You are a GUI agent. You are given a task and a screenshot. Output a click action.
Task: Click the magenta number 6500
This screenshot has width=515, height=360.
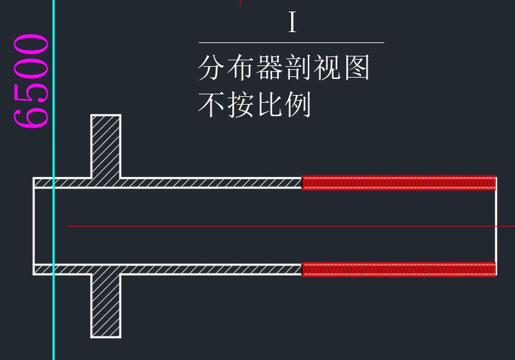[30, 81]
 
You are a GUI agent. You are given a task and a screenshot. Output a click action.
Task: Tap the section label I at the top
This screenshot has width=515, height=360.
[292, 23]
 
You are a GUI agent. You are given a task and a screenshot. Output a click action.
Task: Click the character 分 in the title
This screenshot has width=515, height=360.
[212, 67]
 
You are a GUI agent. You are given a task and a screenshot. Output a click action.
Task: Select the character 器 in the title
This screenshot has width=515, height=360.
[269, 67]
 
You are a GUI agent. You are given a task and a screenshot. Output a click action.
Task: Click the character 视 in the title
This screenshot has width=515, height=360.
[328, 67]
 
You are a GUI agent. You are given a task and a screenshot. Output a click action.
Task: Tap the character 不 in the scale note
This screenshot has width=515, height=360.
[212, 105]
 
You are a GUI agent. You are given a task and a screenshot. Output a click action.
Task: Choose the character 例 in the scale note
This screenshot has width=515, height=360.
[298, 105]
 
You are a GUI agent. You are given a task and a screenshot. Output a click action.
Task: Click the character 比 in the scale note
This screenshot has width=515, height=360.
[269, 105]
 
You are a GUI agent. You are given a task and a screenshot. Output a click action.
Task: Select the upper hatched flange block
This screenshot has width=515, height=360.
[106, 146]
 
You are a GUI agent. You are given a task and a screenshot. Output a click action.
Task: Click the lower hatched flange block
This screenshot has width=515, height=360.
[106, 304]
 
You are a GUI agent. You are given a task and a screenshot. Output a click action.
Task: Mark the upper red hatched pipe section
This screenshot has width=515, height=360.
[399, 183]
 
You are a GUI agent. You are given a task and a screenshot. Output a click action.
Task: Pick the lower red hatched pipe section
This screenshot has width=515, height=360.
[399, 269]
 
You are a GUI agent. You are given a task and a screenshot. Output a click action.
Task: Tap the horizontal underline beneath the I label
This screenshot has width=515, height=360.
[291, 42]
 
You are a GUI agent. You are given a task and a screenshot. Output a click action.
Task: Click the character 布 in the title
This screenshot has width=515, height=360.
[241, 67]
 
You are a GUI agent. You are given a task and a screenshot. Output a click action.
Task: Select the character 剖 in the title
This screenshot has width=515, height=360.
[299, 67]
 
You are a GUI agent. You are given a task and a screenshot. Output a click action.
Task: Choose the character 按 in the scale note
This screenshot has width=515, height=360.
[241, 105]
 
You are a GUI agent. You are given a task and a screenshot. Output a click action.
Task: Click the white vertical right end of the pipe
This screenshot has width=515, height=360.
[496, 226]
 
